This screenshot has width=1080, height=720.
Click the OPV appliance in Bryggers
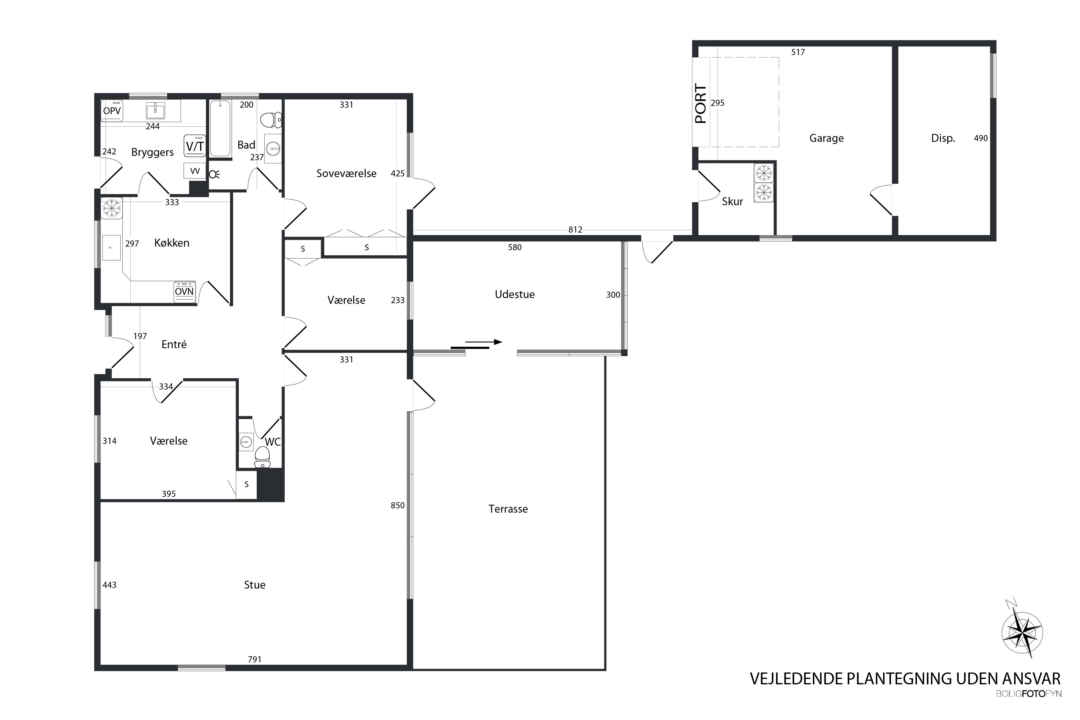pos(112,111)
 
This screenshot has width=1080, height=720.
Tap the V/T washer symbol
pos(195,146)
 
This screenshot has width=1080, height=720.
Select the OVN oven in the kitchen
pos(185,292)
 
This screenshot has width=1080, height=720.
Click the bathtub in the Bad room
pos(220,129)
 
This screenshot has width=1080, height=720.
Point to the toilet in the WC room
pos(262,456)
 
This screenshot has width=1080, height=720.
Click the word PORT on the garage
pos(701,103)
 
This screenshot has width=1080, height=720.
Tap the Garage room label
pos(826,138)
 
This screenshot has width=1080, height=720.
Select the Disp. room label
pos(943,138)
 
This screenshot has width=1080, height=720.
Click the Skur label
pos(732,201)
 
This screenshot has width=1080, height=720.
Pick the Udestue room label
pos(515,294)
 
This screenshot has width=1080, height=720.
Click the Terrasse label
pos(508,509)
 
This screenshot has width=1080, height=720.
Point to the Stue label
pos(255,585)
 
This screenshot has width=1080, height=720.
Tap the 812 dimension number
pos(575,230)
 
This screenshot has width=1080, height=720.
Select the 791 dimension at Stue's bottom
pos(255,660)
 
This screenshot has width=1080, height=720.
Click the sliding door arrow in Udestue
pos(483,342)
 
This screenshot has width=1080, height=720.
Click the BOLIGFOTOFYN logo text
pos(1029,694)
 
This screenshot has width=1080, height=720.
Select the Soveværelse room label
pos(346,173)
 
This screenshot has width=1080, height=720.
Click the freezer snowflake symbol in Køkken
pos(111,208)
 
